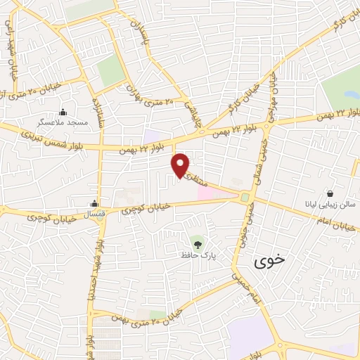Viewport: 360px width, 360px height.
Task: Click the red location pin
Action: [x=181, y=165]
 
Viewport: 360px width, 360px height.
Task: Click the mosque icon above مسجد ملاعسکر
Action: [x=63, y=111]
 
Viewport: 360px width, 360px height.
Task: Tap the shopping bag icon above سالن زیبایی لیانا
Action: [x=329, y=194]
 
